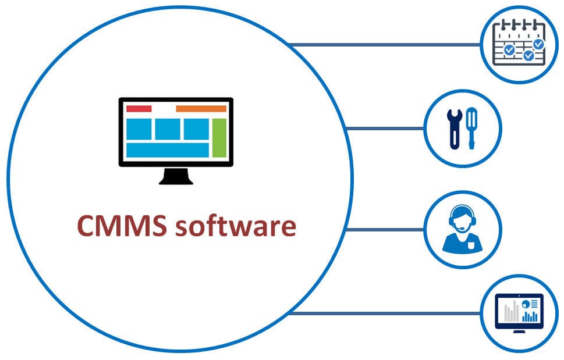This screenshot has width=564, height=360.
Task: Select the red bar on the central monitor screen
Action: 139,109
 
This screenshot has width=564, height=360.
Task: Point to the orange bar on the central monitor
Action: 201,109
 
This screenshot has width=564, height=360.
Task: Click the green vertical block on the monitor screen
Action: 219,137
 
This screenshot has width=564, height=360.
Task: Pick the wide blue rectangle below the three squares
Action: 167,150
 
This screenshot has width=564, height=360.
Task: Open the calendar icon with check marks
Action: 518,44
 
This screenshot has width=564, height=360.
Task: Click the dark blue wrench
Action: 452,129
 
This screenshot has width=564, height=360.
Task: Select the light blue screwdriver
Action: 471,128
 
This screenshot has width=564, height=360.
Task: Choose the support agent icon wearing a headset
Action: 462,229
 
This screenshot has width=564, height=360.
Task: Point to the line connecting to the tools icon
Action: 384,129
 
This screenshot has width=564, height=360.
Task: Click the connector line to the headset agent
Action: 384,229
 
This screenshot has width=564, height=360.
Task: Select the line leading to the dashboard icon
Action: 384,313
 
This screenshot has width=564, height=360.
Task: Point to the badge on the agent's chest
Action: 471,244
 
